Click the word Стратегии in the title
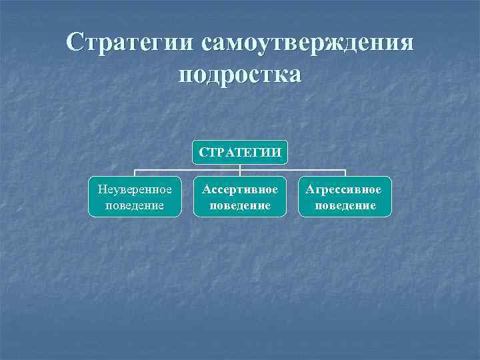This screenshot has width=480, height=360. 130,43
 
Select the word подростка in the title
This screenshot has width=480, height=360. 240,73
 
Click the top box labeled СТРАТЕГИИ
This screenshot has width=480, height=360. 240,153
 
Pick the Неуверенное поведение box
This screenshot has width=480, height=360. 134,197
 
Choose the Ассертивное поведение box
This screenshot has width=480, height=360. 240,197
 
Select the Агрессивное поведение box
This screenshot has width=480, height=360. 344,197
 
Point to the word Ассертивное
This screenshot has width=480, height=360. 240,189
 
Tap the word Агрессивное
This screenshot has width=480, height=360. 344,189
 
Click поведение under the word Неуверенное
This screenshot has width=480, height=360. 134,205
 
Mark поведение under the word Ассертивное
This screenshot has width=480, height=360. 240,205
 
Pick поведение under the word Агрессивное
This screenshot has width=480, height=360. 344,205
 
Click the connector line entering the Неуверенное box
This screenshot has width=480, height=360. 134,174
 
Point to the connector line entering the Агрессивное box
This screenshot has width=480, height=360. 345,174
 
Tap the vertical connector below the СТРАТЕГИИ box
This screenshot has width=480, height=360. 240,168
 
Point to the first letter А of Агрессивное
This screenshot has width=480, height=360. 310,189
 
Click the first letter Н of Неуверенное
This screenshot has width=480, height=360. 101,189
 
